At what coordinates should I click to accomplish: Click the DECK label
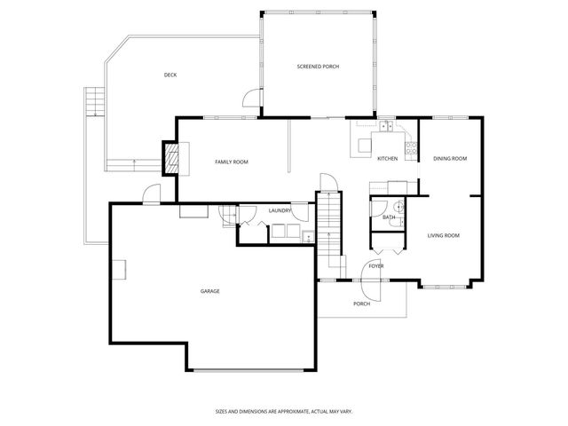tap(170, 75)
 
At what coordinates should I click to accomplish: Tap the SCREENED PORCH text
tap(318, 67)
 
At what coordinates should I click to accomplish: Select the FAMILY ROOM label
tap(232, 162)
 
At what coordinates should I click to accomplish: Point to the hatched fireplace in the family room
tap(170, 161)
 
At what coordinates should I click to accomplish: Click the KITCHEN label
tap(387, 158)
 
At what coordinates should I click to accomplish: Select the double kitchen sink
tap(387, 127)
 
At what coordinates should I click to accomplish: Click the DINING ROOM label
tap(450, 158)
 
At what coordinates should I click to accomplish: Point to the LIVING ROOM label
tap(443, 235)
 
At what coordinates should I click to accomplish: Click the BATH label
tap(389, 217)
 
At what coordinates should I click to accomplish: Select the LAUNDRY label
tap(280, 210)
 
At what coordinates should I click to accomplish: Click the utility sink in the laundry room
tap(307, 236)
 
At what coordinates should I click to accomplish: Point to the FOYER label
tap(376, 265)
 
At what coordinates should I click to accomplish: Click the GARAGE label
tap(209, 291)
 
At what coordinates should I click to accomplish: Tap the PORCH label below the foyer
tap(361, 304)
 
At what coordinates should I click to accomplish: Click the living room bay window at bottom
tap(443, 286)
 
